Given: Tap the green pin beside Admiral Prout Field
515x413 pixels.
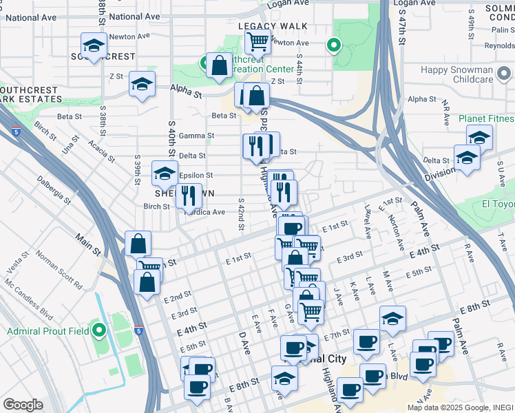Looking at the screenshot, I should (x=99, y=332).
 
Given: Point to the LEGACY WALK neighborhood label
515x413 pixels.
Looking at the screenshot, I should (x=273, y=26).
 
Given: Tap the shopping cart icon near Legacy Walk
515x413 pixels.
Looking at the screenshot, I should (x=257, y=41).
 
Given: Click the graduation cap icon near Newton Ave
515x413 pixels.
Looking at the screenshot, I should (x=93, y=45).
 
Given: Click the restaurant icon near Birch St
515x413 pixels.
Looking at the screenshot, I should (x=189, y=195).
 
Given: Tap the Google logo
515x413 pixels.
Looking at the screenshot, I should (x=23, y=405).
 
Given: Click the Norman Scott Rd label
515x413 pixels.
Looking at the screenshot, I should (x=59, y=272).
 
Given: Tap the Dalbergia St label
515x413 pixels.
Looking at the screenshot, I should (x=54, y=191).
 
